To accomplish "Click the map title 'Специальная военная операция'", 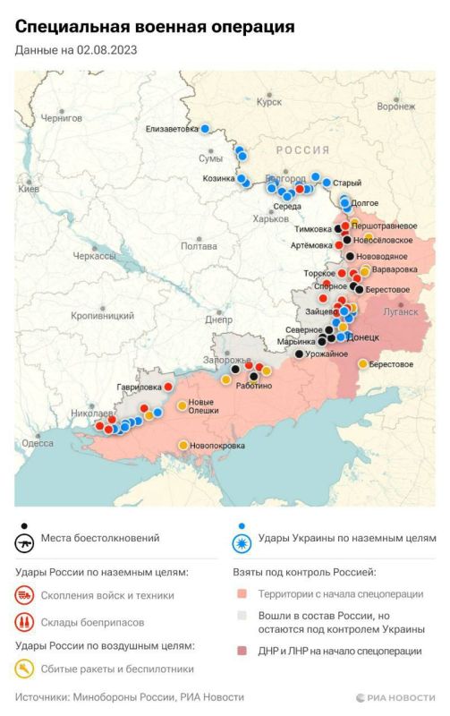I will [155, 27].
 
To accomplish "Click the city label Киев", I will [29, 189].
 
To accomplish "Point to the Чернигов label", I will [61, 118].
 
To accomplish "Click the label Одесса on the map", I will [38, 443].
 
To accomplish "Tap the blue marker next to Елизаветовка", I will [205, 129].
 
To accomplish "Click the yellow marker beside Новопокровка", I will [183, 445].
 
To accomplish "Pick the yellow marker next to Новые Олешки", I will [182, 405].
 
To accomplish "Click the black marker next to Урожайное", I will [299, 354].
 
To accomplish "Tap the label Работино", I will [254, 385].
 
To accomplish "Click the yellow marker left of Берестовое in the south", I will [362, 363].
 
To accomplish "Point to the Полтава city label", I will [199, 245].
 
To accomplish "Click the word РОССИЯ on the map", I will [301, 150].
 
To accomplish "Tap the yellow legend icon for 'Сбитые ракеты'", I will [26, 668].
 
